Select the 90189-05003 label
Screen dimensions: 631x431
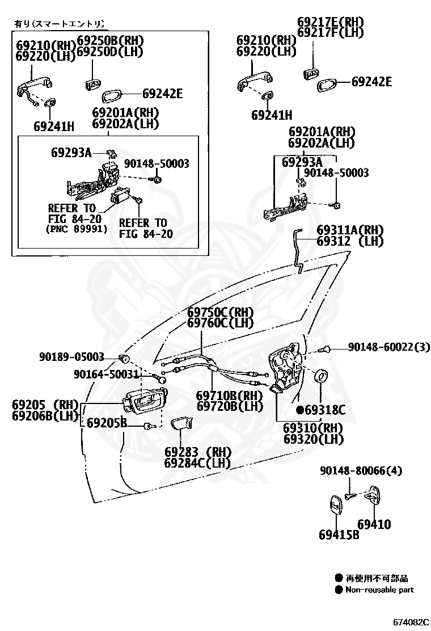pyautogui.click(x=72, y=356)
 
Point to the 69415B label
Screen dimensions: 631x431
pyautogui.click(x=339, y=534)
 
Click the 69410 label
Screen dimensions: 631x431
pyautogui.click(x=374, y=524)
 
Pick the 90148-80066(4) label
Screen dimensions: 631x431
pyautogui.click(x=361, y=470)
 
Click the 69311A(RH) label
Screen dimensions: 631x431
pyautogui.click(x=350, y=230)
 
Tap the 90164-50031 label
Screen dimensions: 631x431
pyautogui.click(x=106, y=374)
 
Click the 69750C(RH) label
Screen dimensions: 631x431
pyautogui.click(x=221, y=313)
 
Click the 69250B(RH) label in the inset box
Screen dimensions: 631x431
pyautogui.click(x=110, y=41)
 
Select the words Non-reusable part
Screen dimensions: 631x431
pyautogui.click(x=379, y=590)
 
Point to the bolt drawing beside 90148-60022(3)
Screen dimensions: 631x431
pyautogui.click(x=325, y=348)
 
